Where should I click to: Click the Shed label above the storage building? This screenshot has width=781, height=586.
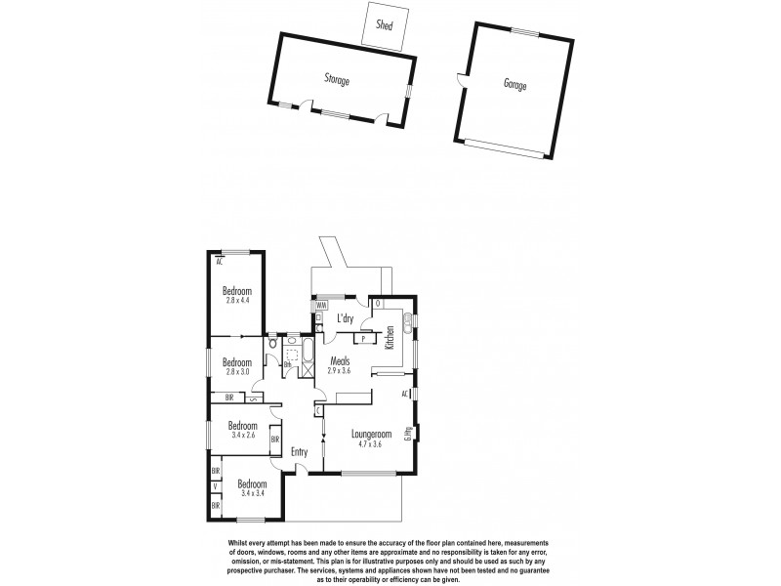[x=385, y=26]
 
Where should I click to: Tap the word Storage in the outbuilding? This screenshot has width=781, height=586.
[x=337, y=80]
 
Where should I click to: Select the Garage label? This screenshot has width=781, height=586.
[x=515, y=86]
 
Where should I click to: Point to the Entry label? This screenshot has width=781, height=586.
[x=301, y=452]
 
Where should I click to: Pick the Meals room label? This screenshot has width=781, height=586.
[x=340, y=360]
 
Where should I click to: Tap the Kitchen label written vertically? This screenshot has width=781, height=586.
[x=390, y=338]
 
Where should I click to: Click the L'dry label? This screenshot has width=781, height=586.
[x=345, y=318]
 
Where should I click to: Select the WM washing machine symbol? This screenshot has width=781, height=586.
[x=320, y=306]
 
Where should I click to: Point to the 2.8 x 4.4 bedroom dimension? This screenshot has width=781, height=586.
[x=237, y=301]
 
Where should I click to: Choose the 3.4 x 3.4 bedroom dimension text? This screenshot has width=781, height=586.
[x=253, y=494]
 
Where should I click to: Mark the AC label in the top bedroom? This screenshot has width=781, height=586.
[x=220, y=261]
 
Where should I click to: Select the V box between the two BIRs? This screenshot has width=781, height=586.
[x=215, y=486]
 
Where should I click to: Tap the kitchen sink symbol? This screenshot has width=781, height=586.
[x=398, y=318]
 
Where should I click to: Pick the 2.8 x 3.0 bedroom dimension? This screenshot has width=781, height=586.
[x=237, y=371]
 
